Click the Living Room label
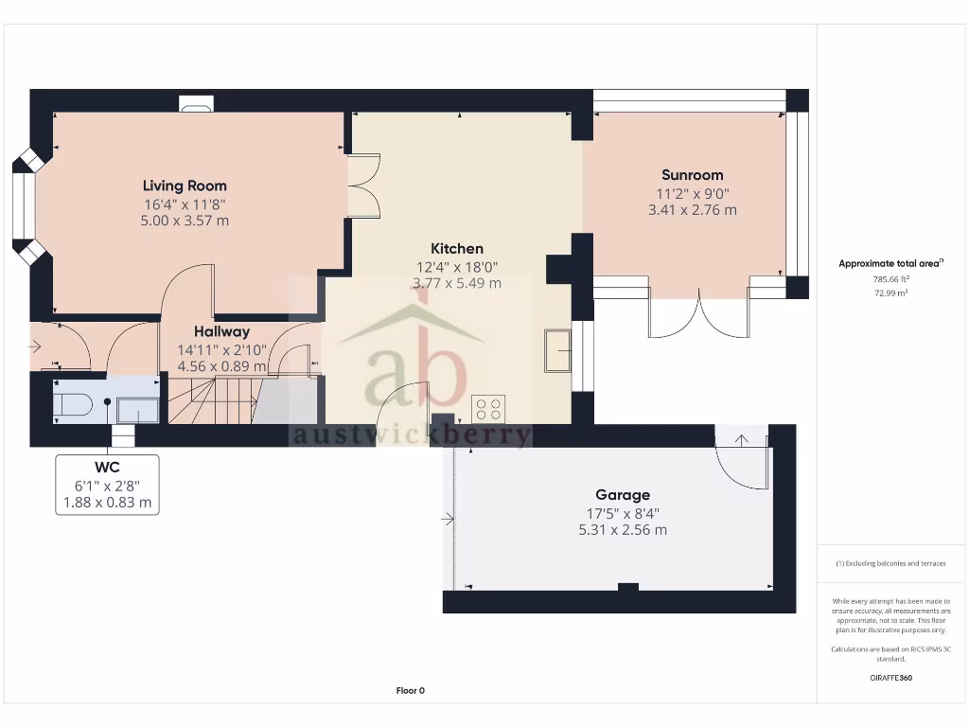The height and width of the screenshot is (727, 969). (x=185, y=186)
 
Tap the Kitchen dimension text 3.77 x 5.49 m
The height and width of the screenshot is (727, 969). (x=457, y=283)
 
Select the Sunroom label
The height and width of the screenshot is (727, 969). (x=692, y=175)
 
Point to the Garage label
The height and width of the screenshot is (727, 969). (x=623, y=495)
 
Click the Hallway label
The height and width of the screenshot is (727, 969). (x=222, y=332)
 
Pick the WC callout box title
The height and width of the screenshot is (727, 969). (x=107, y=468)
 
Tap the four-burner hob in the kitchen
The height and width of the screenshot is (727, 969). (x=488, y=409)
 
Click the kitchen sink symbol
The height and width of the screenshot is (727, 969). (x=557, y=351)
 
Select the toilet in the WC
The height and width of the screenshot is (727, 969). (x=72, y=406)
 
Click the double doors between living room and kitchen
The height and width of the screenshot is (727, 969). (x=363, y=185)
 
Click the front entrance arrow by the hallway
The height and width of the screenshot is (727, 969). (x=35, y=347)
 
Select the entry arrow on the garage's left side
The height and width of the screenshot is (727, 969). (x=447, y=519)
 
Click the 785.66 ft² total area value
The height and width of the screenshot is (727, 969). (x=890, y=279)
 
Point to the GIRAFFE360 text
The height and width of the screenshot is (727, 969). (x=890, y=678)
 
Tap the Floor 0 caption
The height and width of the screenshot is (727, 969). (x=410, y=690)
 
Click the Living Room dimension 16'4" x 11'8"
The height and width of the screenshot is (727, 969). (x=185, y=204)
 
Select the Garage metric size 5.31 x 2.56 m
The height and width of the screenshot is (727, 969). (x=623, y=530)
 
